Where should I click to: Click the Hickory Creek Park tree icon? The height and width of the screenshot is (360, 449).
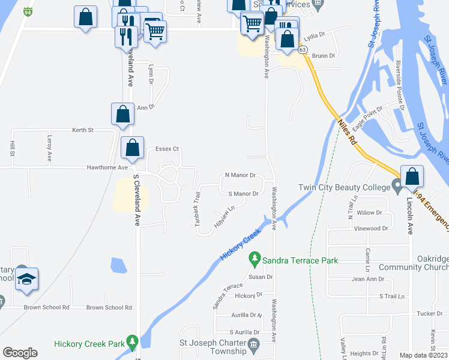click(x=132, y=344)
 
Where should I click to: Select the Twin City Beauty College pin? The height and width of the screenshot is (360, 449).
click(x=397, y=187)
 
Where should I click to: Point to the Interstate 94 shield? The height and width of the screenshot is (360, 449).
click(x=28, y=11)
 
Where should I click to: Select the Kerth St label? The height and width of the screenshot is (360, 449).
click(x=83, y=130)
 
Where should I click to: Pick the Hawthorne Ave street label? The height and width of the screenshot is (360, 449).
click(x=107, y=167)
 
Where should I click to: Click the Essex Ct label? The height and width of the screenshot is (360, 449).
click(x=167, y=149)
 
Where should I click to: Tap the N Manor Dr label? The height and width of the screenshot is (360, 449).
click(x=240, y=175)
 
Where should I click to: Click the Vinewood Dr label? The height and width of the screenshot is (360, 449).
click(x=372, y=229)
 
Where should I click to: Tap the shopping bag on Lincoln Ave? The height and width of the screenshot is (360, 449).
click(x=412, y=177)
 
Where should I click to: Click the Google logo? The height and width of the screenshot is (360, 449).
click(x=20, y=352)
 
